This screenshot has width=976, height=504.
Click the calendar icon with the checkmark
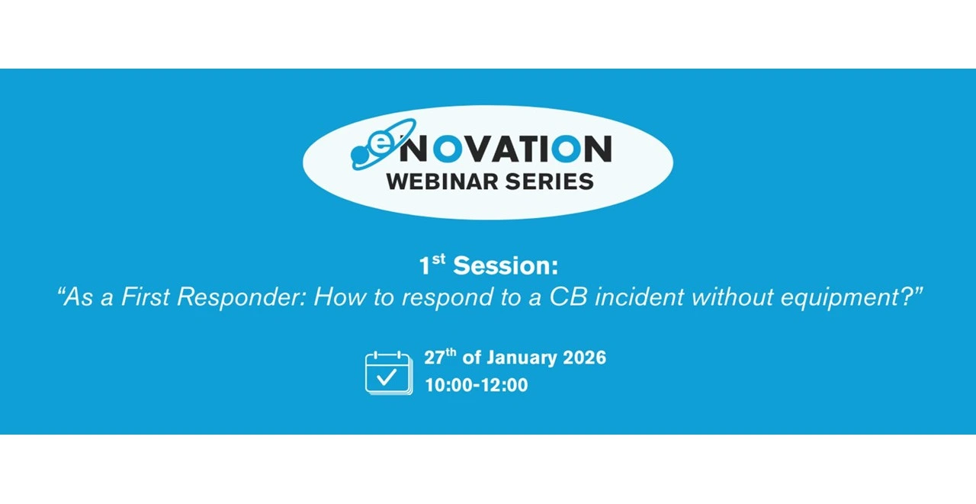click(389, 374)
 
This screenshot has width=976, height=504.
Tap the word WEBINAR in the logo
click(443, 181)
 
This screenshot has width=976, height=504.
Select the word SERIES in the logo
click(550, 181)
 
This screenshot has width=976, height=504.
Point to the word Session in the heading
click(501, 265)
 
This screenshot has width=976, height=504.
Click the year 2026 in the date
click(584, 358)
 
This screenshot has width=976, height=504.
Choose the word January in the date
click(522, 358)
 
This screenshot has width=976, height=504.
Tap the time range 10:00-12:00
click(477, 385)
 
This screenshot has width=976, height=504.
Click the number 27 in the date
click(435, 358)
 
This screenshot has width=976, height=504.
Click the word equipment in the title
click(839, 298)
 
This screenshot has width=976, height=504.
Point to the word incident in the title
click(640, 297)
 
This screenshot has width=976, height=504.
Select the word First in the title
click(145, 297)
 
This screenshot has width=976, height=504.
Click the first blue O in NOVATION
click(448, 148)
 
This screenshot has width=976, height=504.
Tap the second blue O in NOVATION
click(566, 148)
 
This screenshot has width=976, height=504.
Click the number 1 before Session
click(424, 265)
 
